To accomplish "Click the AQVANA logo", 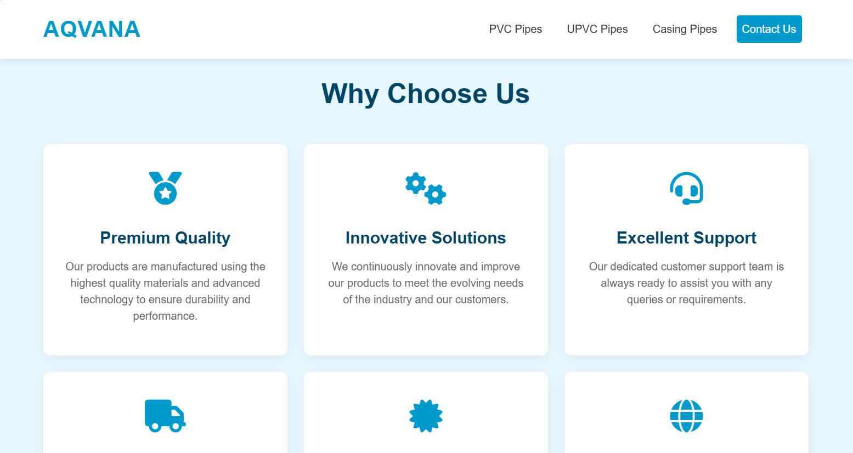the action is pyautogui.click(x=92, y=29).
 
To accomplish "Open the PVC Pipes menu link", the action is pyautogui.click(x=515, y=29).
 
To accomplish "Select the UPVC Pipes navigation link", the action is pyautogui.click(x=597, y=29).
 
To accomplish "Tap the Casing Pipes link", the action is pyautogui.click(x=685, y=29).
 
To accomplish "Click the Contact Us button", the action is pyautogui.click(x=769, y=29).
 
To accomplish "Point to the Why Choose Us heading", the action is pyautogui.click(x=426, y=94).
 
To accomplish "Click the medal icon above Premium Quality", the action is pyautogui.click(x=165, y=188).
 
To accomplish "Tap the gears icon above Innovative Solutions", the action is pyautogui.click(x=426, y=189).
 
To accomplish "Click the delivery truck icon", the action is pyautogui.click(x=165, y=416).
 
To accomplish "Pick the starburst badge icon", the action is pyautogui.click(x=426, y=416).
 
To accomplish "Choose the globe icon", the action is pyautogui.click(x=686, y=416).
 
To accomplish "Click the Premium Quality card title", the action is pyautogui.click(x=165, y=238).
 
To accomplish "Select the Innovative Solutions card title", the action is pyautogui.click(x=426, y=238).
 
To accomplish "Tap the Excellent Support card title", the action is pyautogui.click(x=686, y=238).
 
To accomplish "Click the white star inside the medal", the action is pyautogui.click(x=165, y=193).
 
